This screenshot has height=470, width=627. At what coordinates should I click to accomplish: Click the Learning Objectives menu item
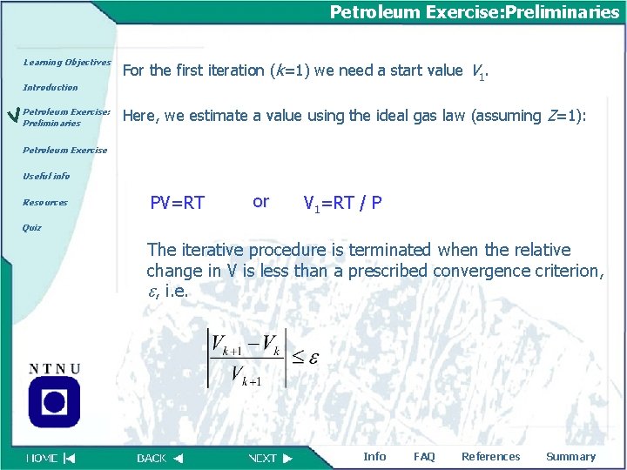(67, 63)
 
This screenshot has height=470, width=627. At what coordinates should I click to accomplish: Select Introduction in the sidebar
(50, 88)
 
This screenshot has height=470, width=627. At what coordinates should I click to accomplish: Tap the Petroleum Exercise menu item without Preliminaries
(64, 150)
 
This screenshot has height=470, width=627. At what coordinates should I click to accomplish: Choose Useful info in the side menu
(46, 176)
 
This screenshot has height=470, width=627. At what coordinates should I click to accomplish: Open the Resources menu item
(45, 203)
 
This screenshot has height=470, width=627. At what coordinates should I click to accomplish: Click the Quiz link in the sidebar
(31, 228)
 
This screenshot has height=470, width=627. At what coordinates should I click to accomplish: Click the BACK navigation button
(160, 458)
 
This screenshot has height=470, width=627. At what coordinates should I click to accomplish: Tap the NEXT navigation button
(271, 458)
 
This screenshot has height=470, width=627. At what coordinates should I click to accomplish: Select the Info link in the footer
(374, 457)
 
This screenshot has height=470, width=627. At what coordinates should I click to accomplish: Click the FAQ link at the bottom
(424, 457)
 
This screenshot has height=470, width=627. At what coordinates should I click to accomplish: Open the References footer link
(490, 457)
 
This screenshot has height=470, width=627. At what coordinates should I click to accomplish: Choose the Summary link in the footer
(570, 457)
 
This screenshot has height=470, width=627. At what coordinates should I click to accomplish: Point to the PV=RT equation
(177, 204)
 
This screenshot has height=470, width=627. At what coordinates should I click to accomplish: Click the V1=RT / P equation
(341, 204)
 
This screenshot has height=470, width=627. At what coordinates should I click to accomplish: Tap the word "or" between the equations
(260, 202)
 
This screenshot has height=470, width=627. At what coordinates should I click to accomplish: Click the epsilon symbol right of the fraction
(313, 359)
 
